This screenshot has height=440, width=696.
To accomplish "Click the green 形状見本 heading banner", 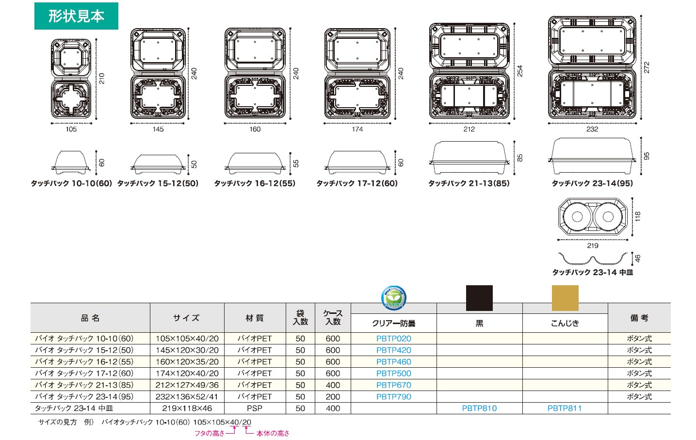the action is point(76,16).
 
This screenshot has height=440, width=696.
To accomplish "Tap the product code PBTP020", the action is point(393,339).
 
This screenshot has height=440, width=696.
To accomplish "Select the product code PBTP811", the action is point(564,408).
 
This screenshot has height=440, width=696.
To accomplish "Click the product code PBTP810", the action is point(479,408).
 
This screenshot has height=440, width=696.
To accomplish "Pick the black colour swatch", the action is point(479,298).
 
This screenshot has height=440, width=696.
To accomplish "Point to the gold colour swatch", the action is point(565,298).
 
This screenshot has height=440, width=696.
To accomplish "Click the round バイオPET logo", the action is point(393,297).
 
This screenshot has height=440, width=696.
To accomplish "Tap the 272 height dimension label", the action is point(647,67).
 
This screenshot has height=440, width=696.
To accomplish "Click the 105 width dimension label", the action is point(71,129).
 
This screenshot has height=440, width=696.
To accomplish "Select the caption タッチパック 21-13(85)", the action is point(469,183).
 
